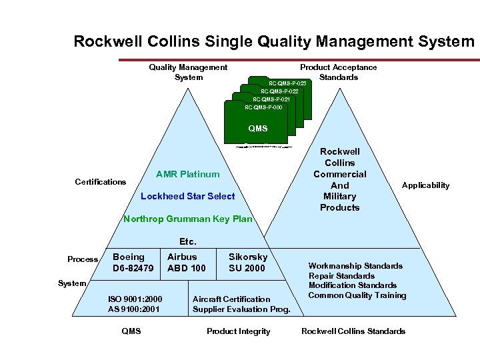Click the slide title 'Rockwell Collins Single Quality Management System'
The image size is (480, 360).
274,41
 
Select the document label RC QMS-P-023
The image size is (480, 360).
287,83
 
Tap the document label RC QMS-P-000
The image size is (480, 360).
263,107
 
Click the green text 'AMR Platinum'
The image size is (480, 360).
187,175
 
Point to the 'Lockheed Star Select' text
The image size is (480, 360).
188,196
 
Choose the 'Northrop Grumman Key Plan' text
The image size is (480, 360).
188,219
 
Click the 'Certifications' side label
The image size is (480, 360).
101,182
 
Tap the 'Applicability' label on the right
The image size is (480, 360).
425,185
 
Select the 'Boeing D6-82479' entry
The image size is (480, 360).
133,263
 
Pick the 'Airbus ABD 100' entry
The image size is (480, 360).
187,263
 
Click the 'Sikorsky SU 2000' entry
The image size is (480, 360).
247,263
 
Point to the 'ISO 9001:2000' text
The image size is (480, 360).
135,299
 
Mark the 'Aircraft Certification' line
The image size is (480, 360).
231,299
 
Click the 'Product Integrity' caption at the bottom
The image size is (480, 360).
239,331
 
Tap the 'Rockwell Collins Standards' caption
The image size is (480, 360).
353,331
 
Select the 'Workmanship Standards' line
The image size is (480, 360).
355,266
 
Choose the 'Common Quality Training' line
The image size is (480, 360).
357,295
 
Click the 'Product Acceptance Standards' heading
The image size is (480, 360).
338,72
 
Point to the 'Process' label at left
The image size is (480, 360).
83,259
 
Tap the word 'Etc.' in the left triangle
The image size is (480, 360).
187,241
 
